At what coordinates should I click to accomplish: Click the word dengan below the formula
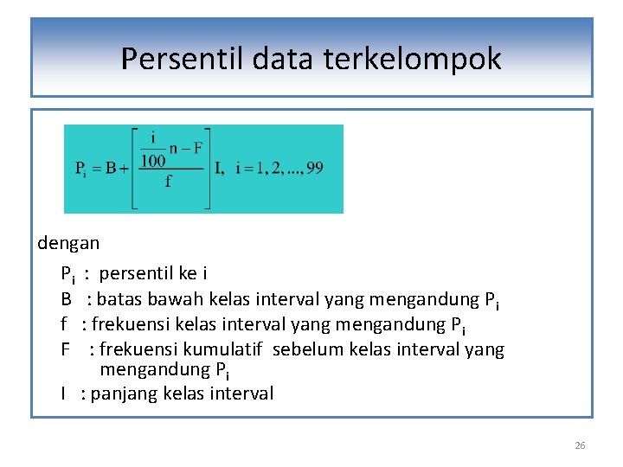(x=68, y=244)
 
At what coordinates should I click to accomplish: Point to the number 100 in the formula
(x=153, y=161)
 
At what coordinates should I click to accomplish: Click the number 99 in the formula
(x=314, y=168)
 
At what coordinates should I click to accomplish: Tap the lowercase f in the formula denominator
(x=168, y=182)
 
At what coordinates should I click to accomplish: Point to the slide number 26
(x=580, y=445)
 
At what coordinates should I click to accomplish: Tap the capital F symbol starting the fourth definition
(x=65, y=349)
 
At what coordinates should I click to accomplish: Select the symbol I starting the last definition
(x=63, y=393)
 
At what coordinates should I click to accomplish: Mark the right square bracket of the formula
(x=207, y=169)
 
